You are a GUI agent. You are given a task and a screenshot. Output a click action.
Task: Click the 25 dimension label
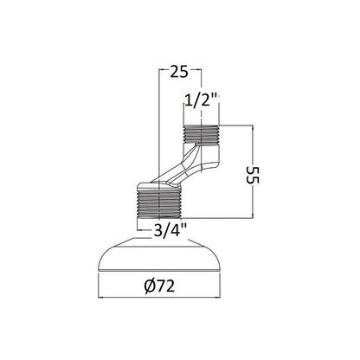pyautogui.click(x=179, y=72)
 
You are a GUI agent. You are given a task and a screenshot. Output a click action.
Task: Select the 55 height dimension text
pyautogui.click(x=253, y=176)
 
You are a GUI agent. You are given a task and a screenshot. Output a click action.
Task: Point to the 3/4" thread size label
pyautogui.click(x=170, y=230)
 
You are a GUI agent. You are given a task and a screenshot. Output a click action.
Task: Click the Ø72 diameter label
pyautogui.click(x=160, y=286)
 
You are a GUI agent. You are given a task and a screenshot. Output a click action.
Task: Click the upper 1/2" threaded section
pyautogui.click(x=202, y=134)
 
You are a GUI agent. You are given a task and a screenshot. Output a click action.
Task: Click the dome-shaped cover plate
pyautogui.click(x=159, y=257)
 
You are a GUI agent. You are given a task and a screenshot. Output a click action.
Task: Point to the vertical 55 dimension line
pyautogui.click(x=253, y=171)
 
